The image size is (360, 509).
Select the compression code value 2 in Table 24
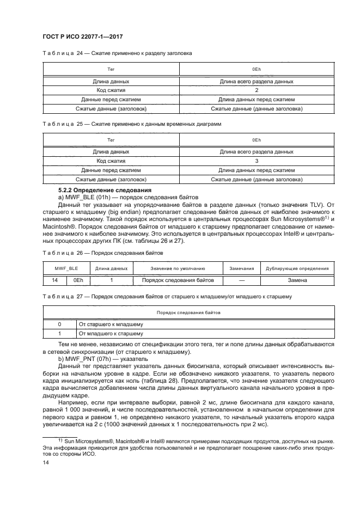tap(256, 90)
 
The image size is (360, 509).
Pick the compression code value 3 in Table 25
tap(256, 161)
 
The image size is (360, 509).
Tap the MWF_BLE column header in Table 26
tap(66, 268)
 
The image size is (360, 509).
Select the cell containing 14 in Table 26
tap(54, 280)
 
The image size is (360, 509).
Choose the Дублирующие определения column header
tap(297, 268)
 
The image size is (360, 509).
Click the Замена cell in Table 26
tap(297, 280)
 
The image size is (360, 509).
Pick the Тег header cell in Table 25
tap(111, 140)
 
